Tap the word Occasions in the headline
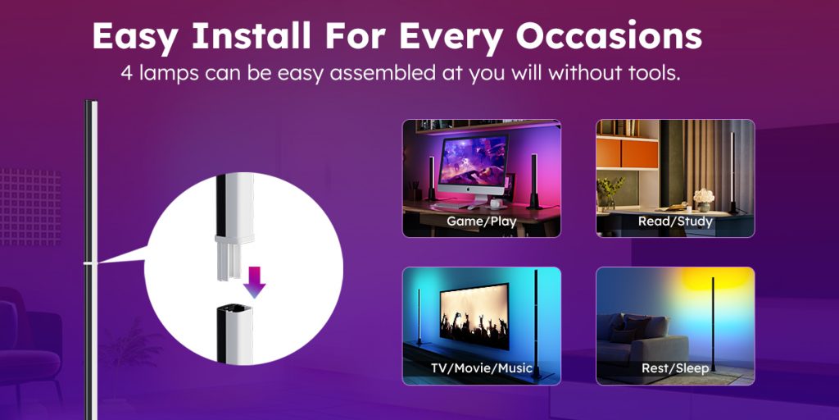(x=609, y=36)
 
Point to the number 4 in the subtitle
(x=127, y=73)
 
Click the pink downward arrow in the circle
(x=254, y=282)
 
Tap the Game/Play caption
(x=482, y=221)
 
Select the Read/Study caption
(x=675, y=221)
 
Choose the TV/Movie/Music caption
(x=482, y=368)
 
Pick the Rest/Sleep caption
(x=675, y=368)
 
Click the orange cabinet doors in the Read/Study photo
(x=627, y=153)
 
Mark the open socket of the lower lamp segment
(x=235, y=309)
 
